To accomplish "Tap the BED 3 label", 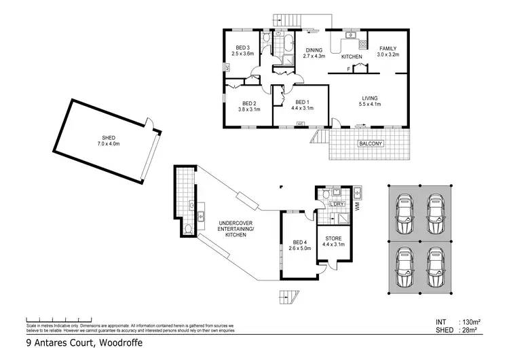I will pyautogui.click(x=242, y=47).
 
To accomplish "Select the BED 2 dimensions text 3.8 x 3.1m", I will pyautogui.click(x=250, y=109).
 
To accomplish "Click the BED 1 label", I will pyautogui.click(x=301, y=101).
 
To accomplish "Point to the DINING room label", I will pyautogui.click(x=314, y=50).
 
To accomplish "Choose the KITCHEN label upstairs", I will pyautogui.click(x=351, y=56).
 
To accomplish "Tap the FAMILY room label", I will pyautogui.click(x=388, y=49).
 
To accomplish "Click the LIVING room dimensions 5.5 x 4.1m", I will pyautogui.click(x=370, y=104).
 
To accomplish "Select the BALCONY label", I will pyautogui.click(x=371, y=143).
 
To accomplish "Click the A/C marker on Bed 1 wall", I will pyautogui.click(x=299, y=124).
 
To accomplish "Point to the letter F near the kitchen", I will pyautogui.click(x=348, y=69).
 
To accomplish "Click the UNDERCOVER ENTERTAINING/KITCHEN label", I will pyautogui.click(x=235, y=228).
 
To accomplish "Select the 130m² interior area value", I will pyautogui.click(x=471, y=321).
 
